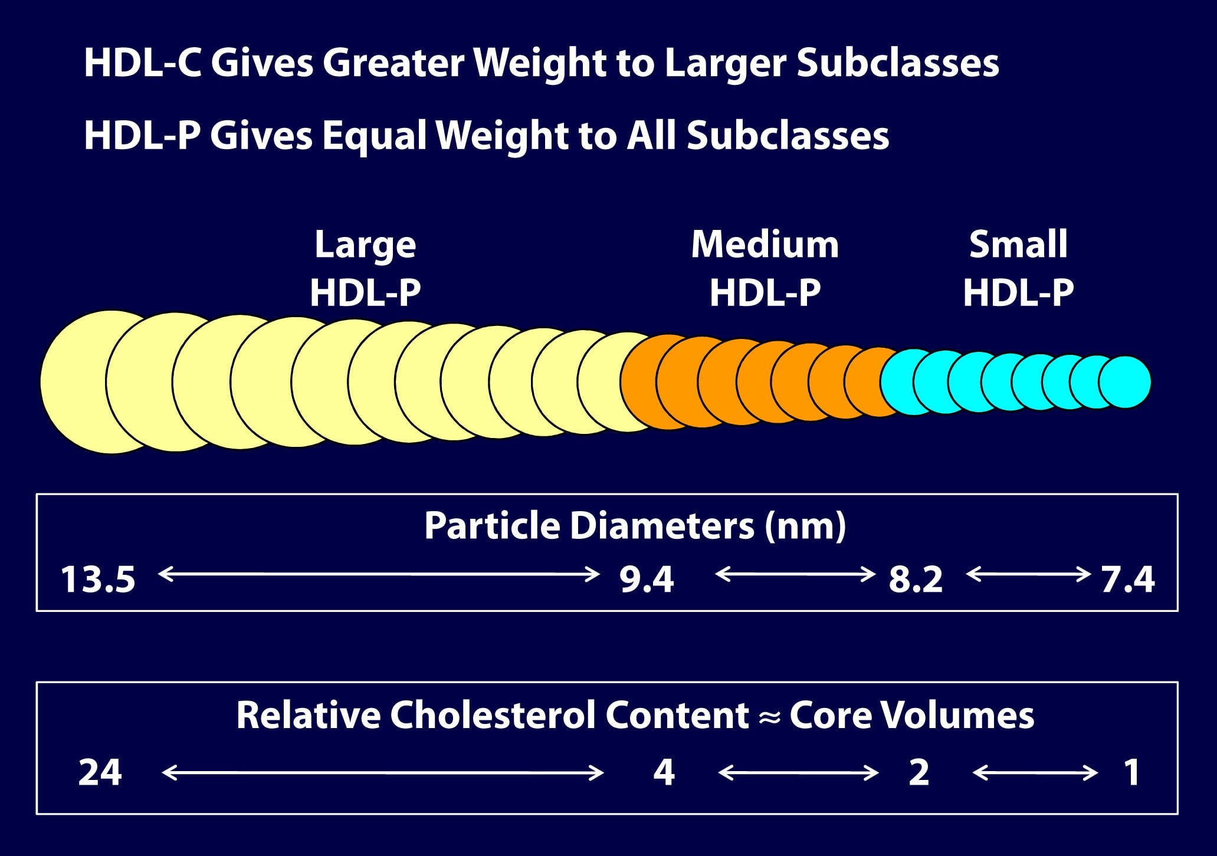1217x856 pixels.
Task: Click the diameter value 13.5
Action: coord(98,580)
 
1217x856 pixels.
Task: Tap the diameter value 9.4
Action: coord(646,580)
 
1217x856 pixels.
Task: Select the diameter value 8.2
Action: coord(916,580)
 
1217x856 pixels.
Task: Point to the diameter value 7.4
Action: coord(1127,580)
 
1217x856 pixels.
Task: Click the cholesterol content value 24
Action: coord(100,772)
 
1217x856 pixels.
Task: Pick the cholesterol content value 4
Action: coord(664,772)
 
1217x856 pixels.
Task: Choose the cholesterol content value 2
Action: coord(919,772)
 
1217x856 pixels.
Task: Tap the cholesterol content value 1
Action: coord(1131,772)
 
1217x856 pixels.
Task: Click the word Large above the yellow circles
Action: coord(365,245)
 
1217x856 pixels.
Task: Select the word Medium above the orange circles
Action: coord(765,244)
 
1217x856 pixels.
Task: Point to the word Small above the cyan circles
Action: coord(1018,244)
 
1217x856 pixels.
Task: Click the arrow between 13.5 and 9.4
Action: coord(379,574)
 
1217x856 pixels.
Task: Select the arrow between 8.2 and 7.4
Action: coord(1028,574)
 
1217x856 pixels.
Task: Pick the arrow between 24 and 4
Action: coord(382,772)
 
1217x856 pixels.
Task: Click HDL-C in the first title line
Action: coord(142,62)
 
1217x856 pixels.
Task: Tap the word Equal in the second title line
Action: coord(374,136)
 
